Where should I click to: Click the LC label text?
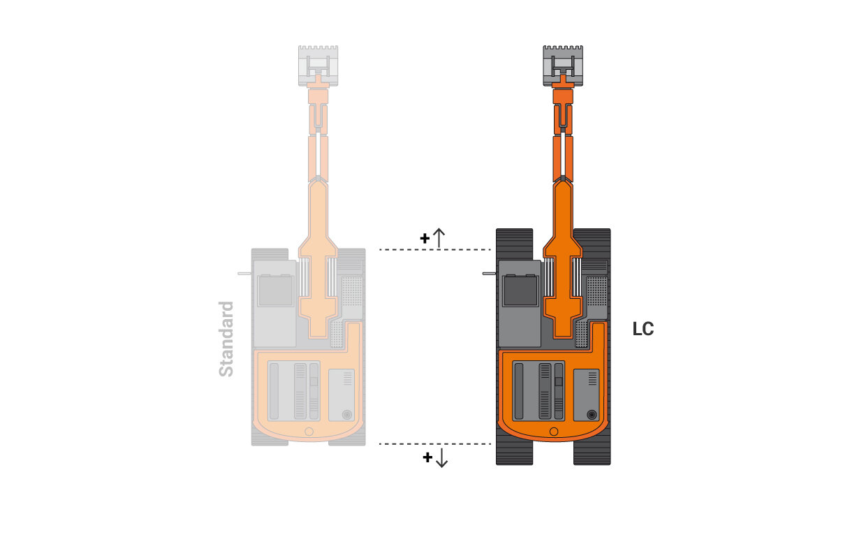tap(643, 329)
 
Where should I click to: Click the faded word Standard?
tap(226, 339)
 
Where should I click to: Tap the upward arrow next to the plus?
tap(439, 238)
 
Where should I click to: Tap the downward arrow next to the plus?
tap(441, 458)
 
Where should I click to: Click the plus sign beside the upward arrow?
tap(425, 238)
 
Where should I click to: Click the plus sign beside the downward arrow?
tap(427, 458)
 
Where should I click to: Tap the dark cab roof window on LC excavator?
tap(520, 291)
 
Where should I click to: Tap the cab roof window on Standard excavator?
tap(276, 291)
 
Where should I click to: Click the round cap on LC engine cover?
tap(592, 414)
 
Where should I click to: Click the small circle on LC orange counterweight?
tap(553, 432)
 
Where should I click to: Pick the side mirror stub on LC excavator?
tap(488, 274)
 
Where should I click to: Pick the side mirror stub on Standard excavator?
tap(244, 274)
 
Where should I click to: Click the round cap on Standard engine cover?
tap(347, 414)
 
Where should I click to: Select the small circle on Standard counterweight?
tap(309, 432)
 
